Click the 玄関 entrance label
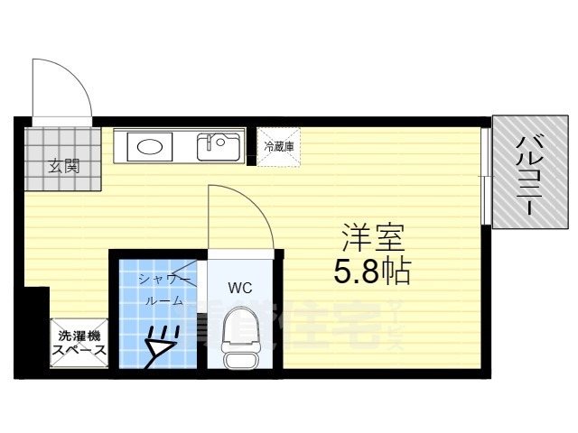[63, 166]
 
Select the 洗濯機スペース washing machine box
[79, 344]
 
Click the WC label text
[239, 289]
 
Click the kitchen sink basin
[219, 145]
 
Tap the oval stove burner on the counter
[148, 146]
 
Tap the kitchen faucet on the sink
[214, 141]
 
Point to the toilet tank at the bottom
[240, 358]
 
